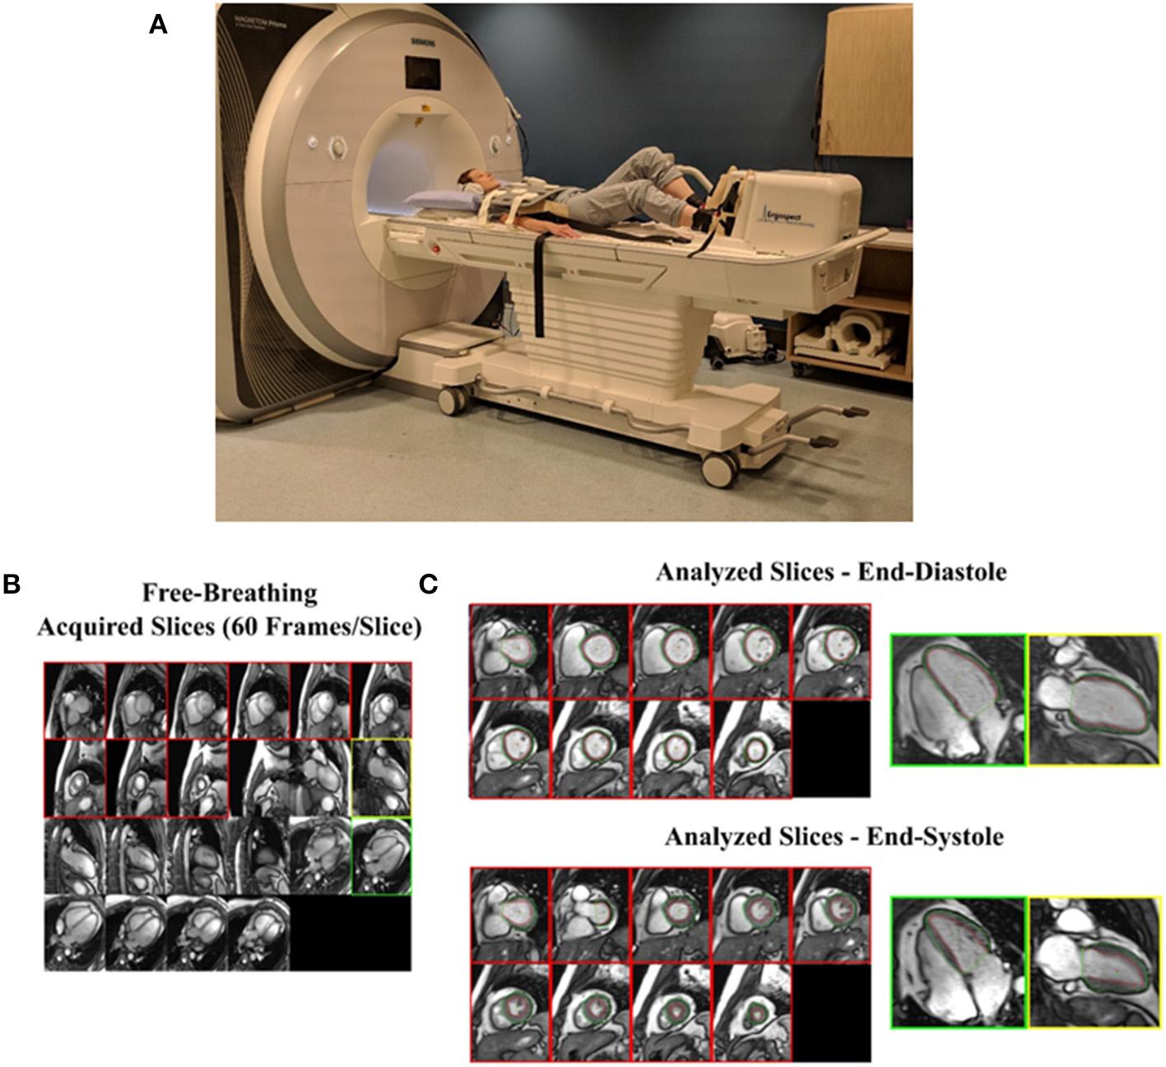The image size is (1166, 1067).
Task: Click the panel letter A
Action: pyautogui.click(x=158, y=26)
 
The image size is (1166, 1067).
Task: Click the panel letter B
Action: pyautogui.click(x=12, y=584)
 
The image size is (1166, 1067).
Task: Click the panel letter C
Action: pyautogui.click(x=428, y=584)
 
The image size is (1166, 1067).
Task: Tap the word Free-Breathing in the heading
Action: pyautogui.click(x=230, y=593)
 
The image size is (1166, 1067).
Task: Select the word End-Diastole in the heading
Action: pyautogui.click(x=932, y=571)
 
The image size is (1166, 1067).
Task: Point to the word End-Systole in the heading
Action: pyautogui.click(x=935, y=837)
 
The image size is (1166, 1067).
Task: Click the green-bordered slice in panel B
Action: pyautogui.click(x=380, y=856)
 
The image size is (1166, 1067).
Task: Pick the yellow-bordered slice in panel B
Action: pyautogui.click(x=380, y=778)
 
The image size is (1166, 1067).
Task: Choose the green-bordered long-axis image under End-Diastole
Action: pyautogui.click(x=959, y=700)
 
